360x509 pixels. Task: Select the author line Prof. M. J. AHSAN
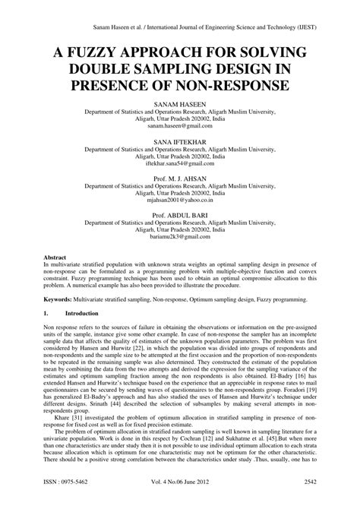(x=181, y=176)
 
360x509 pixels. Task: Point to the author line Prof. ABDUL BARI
(x=181, y=216)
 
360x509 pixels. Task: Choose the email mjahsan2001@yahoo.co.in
(x=181, y=203)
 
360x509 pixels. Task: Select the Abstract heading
(x=58, y=258)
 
